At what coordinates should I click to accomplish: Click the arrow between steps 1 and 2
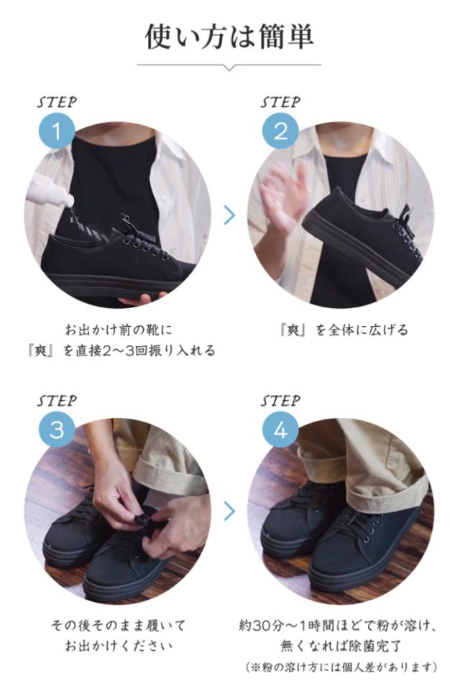(x=229, y=214)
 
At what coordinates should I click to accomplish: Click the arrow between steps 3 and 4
(x=229, y=511)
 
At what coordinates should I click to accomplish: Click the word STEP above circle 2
(x=280, y=102)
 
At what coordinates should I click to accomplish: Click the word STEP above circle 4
(x=280, y=401)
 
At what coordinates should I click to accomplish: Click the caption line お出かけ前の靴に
(x=118, y=330)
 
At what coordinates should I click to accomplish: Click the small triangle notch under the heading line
(x=229, y=68)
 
